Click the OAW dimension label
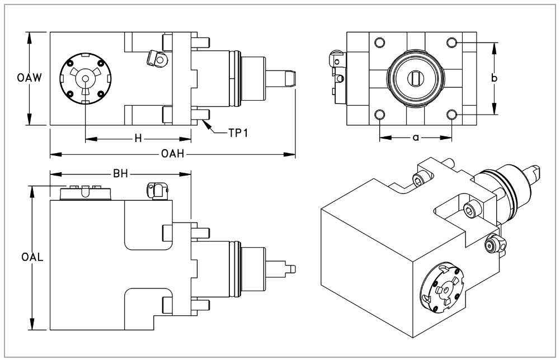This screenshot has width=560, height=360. click(x=16, y=79)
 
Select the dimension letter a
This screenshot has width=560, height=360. click(x=416, y=138)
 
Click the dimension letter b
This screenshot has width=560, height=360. click(x=493, y=79)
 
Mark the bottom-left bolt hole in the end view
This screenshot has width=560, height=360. click(x=380, y=115)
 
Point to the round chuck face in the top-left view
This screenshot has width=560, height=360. click(x=86, y=79)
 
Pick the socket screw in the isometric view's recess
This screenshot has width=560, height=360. click(x=471, y=211)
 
